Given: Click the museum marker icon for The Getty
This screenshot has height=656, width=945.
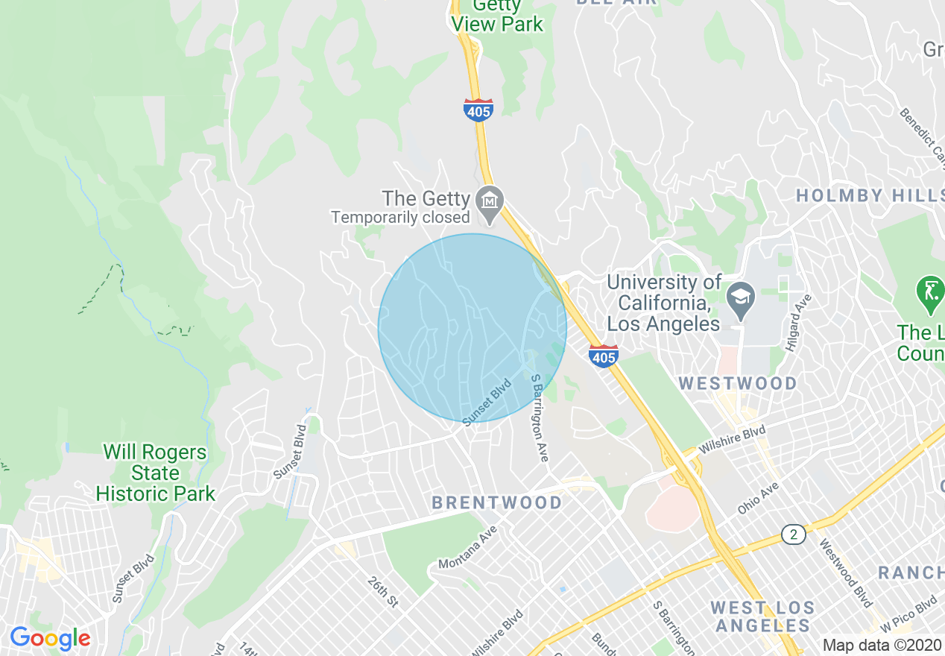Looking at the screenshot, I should pyautogui.click(x=490, y=202).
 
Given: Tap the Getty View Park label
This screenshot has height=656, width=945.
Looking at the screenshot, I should pyautogui.click(x=498, y=16).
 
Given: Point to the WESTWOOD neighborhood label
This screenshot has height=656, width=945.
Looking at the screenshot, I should pyautogui.click(x=738, y=383).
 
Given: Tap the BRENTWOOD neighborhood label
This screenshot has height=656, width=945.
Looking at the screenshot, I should pyautogui.click(x=497, y=502).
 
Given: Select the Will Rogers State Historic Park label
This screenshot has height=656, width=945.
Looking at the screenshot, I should pyautogui.click(x=155, y=473).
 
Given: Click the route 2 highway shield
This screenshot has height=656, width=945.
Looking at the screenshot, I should pyautogui.click(x=793, y=534).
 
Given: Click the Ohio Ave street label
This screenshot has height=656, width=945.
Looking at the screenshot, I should pyautogui.click(x=758, y=497).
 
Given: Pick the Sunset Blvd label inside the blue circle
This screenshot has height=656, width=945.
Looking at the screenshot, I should pyautogui.click(x=487, y=403).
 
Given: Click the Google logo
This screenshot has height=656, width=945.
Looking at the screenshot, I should pyautogui.click(x=50, y=638).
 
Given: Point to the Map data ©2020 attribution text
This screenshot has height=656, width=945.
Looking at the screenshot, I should pyautogui.click(x=882, y=645).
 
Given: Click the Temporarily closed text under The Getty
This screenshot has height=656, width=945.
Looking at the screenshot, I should pyautogui.click(x=400, y=218).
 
